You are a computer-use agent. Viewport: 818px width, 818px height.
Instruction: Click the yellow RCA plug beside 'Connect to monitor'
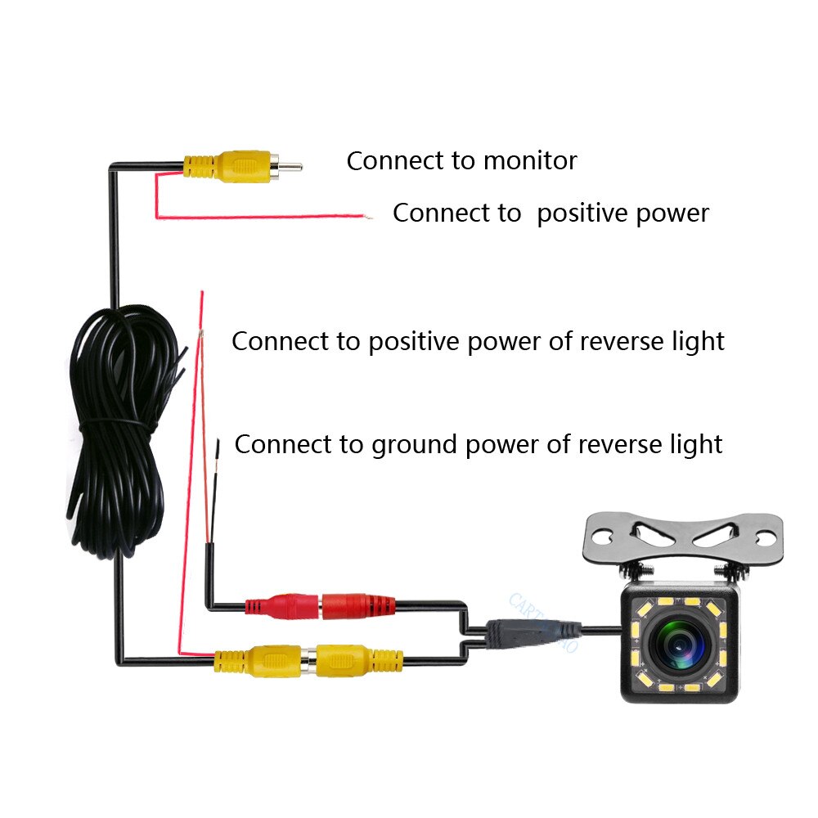coord(225,165)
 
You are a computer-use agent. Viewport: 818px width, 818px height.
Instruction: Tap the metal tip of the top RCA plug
coord(290,167)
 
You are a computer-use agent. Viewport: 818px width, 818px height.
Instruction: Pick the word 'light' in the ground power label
coord(694,444)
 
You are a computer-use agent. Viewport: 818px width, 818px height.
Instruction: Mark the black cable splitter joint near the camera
coord(532,631)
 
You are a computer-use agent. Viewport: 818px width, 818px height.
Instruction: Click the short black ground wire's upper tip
coord(218,444)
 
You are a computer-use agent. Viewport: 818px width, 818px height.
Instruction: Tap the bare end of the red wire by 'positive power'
coord(369,218)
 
